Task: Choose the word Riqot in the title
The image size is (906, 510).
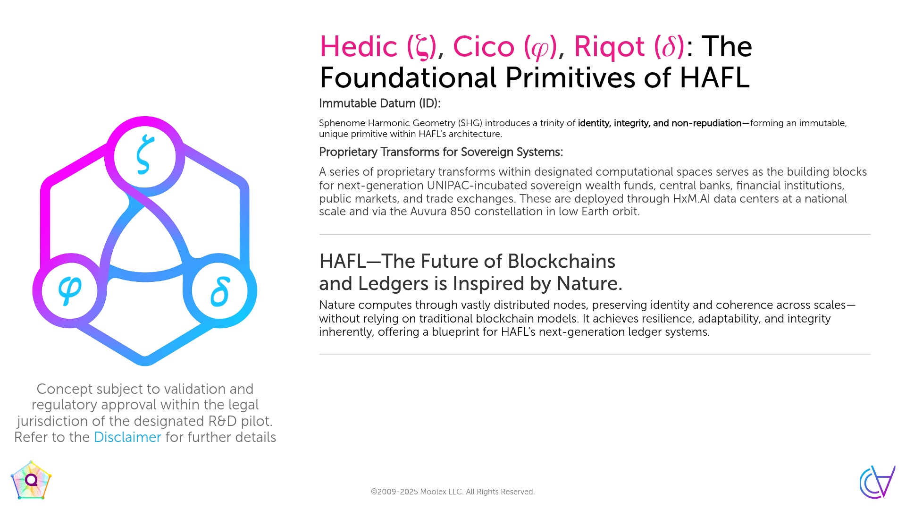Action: pos(609,47)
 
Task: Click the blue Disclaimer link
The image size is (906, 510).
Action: pos(127,437)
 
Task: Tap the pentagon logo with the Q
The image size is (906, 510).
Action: pos(31,480)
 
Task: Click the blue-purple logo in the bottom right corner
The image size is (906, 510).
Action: pos(877,482)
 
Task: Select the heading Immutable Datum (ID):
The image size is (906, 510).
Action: pos(379,103)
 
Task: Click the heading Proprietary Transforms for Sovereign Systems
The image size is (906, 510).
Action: pos(441,152)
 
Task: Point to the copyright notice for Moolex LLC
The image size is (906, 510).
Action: pos(453,492)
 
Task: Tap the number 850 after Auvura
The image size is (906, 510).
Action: pos(460,212)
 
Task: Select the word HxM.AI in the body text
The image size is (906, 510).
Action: pos(691,198)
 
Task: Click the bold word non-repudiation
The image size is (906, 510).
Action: pos(706,123)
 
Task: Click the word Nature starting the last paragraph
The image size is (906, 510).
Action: pos(336,305)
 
